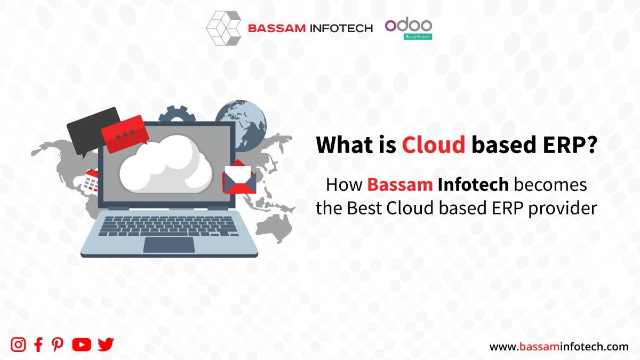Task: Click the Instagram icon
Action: pos(18,345)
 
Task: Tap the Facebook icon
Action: pos(38,345)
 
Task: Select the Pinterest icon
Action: pos(58,345)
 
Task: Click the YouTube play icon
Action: pos(82,345)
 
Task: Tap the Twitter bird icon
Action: pos(106,345)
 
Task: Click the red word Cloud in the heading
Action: pos(434,145)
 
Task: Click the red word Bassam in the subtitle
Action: pos(400,185)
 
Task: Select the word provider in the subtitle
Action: pos(562,209)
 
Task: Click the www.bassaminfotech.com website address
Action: pos(559,347)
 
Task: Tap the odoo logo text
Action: pos(409,26)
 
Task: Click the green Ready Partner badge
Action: pos(418,37)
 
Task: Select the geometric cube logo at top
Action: pos(223,28)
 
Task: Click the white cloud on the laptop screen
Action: pos(166,164)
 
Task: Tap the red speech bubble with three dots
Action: pos(125,134)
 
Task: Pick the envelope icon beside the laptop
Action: pos(239,177)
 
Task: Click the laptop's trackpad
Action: pos(169,245)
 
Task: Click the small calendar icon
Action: pos(90,182)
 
